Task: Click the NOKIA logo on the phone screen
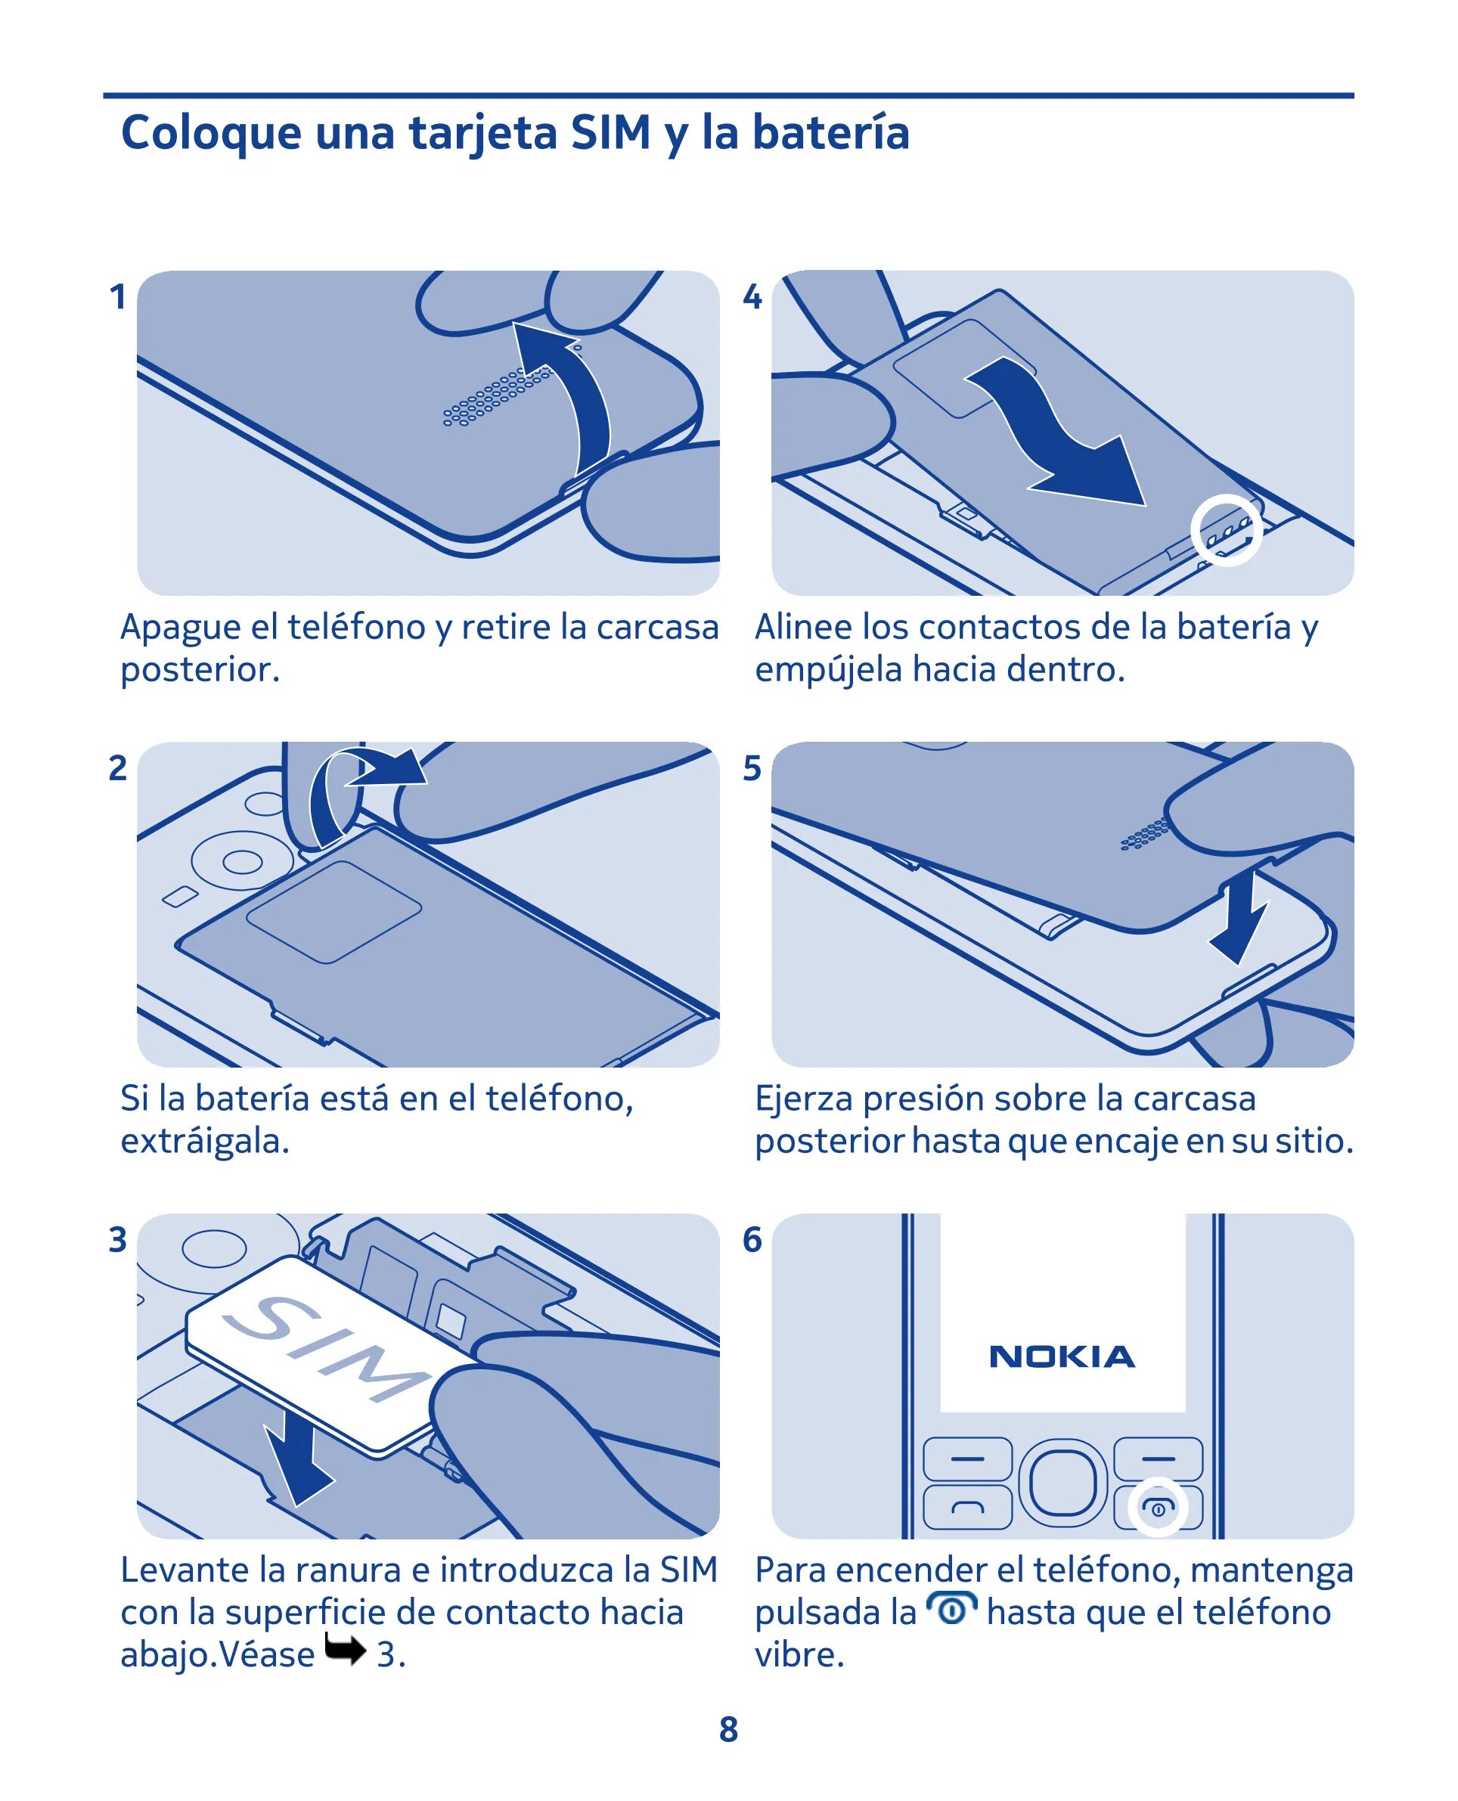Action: click(1062, 1356)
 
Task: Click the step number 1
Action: click(117, 296)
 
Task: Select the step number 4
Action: click(752, 296)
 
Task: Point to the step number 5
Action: click(752, 768)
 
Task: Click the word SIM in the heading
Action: click(610, 132)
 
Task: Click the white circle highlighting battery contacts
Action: click(1226, 531)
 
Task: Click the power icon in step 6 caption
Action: click(951, 1609)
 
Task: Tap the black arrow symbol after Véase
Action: click(345, 1650)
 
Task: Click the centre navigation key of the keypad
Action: click(1062, 1483)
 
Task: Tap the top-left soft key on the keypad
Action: click(967, 1458)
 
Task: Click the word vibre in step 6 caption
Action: click(799, 1655)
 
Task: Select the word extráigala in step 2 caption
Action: click(205, 1142)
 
